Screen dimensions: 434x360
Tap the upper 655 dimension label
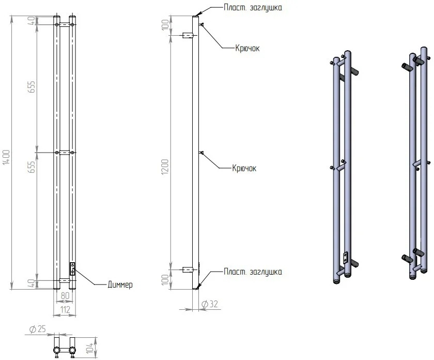tap(32, 87)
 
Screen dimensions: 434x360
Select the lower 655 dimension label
tap(32, 167)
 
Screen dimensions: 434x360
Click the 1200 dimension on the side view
tap(165, 167)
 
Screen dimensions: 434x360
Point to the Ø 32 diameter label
tap(210, 304)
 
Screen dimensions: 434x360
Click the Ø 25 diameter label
tap(37, 329)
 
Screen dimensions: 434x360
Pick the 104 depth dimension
tap(89, 348)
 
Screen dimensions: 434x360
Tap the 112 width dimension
tap(65, 309)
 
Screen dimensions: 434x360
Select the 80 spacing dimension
tap(65, 295)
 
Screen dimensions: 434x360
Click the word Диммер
tap(120, 284)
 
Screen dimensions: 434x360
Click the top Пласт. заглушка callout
tap(253, 7)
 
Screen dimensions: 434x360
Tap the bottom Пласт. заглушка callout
tap(253, 272)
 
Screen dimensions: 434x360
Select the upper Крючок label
tap(247, 48)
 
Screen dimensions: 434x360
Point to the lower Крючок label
tap(244, 168)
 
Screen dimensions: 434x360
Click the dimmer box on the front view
tap(72, 269)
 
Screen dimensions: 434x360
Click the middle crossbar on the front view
tap(65, 153)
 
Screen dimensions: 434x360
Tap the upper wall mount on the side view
tap(187, 35)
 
